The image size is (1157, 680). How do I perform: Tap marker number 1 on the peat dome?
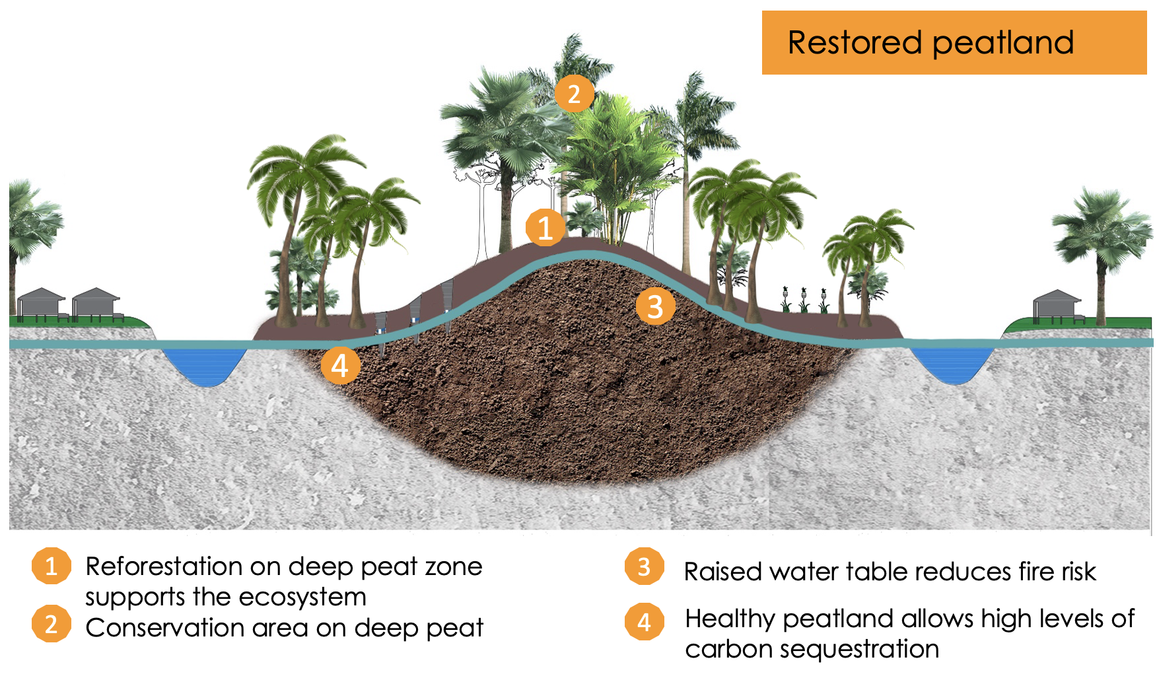(x=545, y=228)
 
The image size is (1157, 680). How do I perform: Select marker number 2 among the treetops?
(x=573, y=93)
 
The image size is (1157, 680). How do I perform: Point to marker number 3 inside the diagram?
(x=654, y=306)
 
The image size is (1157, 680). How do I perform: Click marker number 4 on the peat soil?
(x=340, y=365)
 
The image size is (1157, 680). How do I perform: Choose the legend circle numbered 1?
(x=51, y=566)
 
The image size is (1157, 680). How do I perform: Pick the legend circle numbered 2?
(x=51, y=624)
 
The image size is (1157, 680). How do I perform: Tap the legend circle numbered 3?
(x=644, y=566)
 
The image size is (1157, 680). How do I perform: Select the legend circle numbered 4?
(x=644, y=621)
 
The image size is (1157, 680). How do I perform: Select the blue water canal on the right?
(x=952, y=363)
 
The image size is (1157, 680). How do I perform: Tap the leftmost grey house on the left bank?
(x=42, y=304)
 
